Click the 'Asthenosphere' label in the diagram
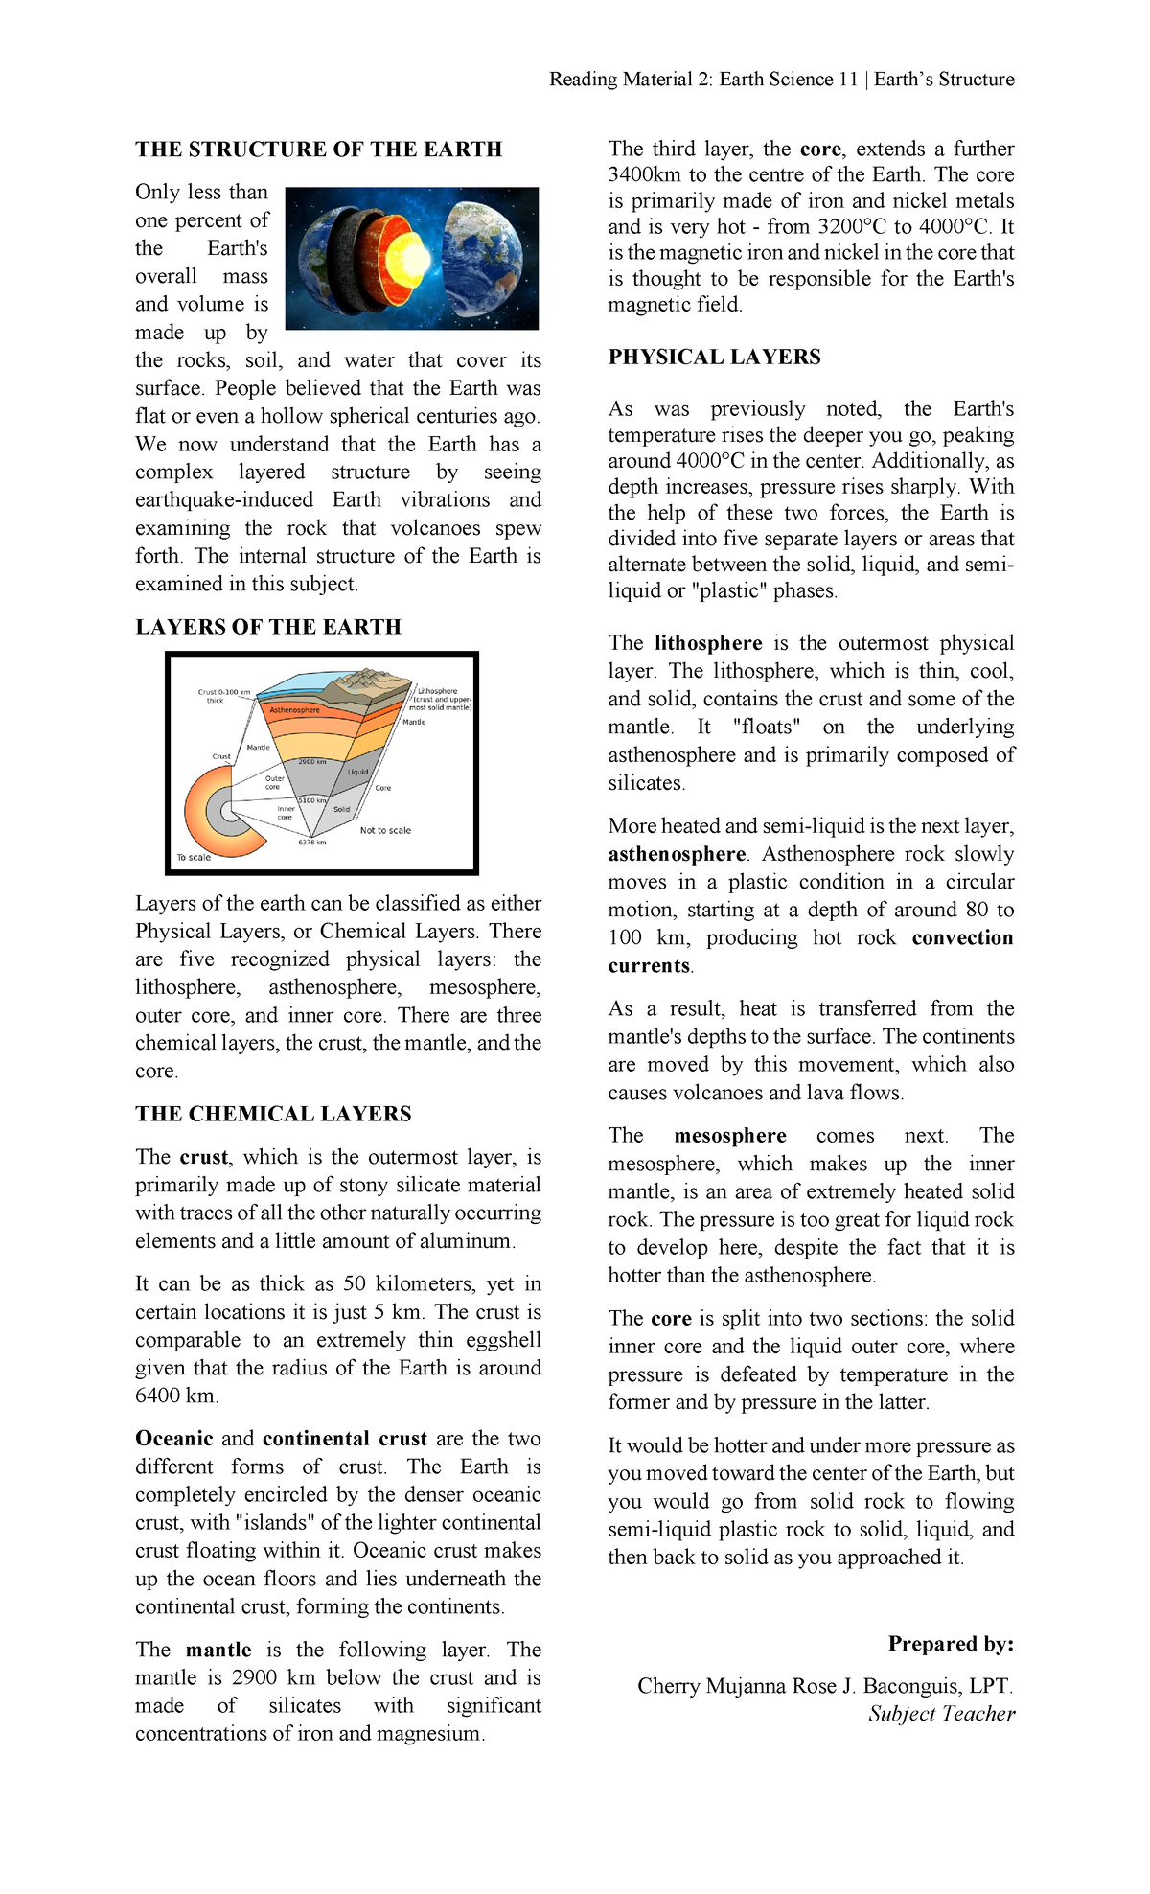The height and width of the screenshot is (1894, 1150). point(294,710)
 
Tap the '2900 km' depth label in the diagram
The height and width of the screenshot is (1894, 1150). point(312,762)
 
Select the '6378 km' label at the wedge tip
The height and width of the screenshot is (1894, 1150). point(312,843)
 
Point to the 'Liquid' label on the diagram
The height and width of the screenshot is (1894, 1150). point(357,772)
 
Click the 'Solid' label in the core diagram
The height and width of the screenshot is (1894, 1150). point(341,809)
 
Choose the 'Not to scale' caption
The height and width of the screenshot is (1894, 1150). point(385,831)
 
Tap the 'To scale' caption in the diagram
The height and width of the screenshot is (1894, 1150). point(194,857)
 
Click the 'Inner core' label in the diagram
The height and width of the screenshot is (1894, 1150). point(286,813)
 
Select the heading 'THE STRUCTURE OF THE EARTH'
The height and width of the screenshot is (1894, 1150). point(318,150)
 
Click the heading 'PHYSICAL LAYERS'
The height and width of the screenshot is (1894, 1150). point(714,358)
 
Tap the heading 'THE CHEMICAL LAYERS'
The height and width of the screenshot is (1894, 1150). point(273,1114)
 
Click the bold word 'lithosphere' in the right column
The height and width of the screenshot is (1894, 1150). point(708,643)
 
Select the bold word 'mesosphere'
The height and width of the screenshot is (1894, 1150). point(729,1136)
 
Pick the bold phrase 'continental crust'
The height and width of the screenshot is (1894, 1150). point(344,1439)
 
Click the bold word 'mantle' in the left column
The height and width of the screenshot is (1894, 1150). point(218,1650)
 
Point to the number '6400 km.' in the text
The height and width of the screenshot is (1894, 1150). point(177,1396)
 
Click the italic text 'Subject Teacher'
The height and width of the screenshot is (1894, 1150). point(941,1714)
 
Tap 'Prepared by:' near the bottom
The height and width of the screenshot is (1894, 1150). point(951,1644)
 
